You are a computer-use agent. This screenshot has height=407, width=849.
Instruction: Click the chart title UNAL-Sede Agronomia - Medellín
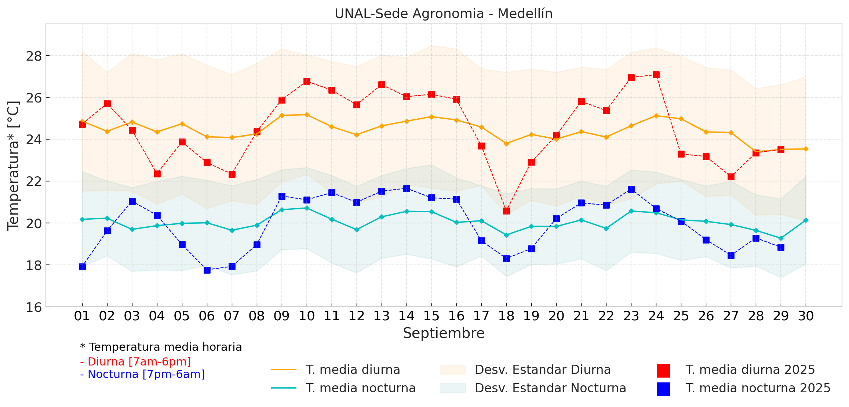coord(443,14)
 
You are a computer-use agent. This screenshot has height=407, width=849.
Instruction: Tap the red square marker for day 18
coord(506,211)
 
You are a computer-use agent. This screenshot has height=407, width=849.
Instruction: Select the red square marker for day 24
coord(656,75)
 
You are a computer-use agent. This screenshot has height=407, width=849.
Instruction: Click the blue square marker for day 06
coord(207,270)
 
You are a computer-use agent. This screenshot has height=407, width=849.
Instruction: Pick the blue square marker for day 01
coord(82,267)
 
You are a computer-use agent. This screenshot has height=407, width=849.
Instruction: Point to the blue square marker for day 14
coord(407,188)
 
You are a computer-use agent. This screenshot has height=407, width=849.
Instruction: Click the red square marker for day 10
coord(307,81)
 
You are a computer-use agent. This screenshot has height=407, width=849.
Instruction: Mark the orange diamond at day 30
coord(806,149)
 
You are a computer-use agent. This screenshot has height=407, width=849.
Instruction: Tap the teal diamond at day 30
coord(806,220)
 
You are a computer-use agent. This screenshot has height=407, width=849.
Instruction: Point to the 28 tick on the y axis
coord(34,56)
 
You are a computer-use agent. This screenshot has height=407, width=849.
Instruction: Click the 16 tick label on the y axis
coord(34,307)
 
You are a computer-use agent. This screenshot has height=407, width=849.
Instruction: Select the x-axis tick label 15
coord(431,316)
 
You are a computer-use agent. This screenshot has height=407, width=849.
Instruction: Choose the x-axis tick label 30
coord(806,316)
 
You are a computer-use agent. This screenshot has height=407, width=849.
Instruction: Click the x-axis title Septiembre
coord(443,333)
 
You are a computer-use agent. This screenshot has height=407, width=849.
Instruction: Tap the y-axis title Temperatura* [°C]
coord(13,165)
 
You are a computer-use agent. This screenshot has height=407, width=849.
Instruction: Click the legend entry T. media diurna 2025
coord(750,370)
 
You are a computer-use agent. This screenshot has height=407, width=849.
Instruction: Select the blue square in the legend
coord(663,389)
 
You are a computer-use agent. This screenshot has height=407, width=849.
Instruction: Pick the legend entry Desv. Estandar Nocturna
coord(550,388)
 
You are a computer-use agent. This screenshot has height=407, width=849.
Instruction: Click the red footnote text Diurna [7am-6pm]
coord(139,362)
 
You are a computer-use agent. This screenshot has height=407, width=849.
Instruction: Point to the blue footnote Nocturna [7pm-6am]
coord(146,374)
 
